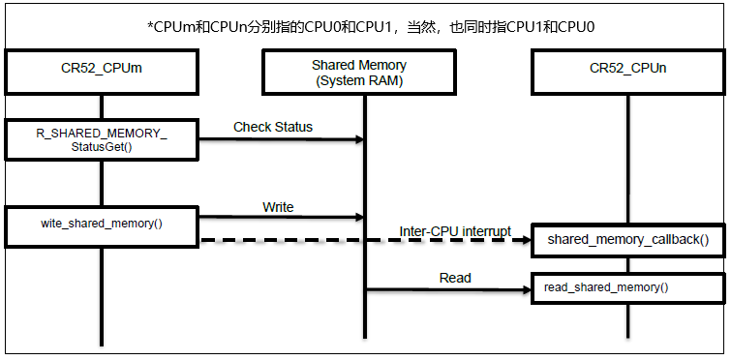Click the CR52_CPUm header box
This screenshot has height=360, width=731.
[102, 70]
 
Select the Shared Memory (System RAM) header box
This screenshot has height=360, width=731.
[359, 72]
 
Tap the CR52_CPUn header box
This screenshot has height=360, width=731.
[627, 70]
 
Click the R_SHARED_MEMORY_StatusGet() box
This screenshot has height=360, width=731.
[102, 140]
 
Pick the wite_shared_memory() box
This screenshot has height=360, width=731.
[102, 224]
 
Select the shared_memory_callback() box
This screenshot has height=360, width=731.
[627, 239]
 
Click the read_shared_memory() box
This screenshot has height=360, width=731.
[627, 287]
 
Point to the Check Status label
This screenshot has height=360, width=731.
[273, 127]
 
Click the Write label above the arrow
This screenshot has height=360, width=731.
[278, 207]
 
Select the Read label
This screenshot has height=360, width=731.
[455, 278]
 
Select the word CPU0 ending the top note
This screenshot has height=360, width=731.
[577, 27]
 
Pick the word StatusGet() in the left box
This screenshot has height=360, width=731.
[102, 147]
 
